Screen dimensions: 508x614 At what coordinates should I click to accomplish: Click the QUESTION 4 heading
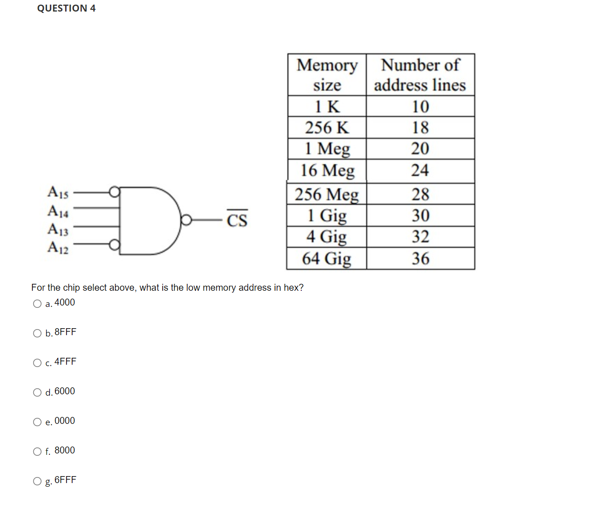click(x=66, y=8)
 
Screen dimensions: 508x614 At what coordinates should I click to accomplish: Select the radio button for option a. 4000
click(x=37, y=304)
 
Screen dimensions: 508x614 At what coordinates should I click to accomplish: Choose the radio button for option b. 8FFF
click(x=37, y=333)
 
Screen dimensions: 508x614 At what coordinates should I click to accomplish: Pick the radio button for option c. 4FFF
click(x=37, y=363)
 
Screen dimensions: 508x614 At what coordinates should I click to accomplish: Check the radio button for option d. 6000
click(x=37, y=392)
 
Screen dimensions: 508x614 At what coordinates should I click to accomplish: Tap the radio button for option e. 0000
click(x=37, y=422)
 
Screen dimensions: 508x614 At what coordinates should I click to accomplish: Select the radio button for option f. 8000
click(x=37, y=452)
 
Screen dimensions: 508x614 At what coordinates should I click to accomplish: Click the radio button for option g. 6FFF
click(x=37, y=481)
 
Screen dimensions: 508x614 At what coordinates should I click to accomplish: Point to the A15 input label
click(x=58, y=192)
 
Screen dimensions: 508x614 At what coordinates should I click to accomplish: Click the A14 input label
click(x=58, y=211)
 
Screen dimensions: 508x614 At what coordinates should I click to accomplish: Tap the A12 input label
click(x=58, y=248)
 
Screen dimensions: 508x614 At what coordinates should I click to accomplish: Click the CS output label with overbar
click(x=237, y=220)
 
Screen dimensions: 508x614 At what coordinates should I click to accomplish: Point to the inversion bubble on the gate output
click(x=186, y=220)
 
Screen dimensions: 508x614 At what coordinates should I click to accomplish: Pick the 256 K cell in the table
click(x=327, y=128)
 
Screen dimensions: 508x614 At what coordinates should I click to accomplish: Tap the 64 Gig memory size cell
click(x=327, y=258)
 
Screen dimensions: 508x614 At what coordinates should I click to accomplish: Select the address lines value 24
click(x=420, y=171)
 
